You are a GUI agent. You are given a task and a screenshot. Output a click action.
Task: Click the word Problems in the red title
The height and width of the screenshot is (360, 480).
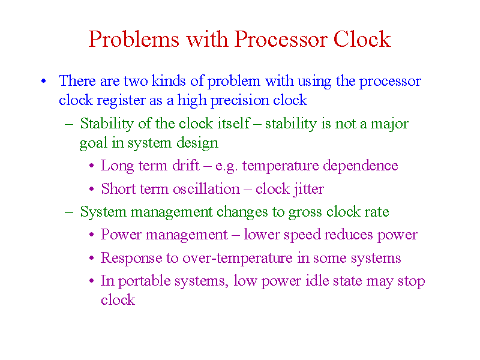(x=134, y=39)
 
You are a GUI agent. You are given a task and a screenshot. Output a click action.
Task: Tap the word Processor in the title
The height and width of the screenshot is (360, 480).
(x=281, y=39)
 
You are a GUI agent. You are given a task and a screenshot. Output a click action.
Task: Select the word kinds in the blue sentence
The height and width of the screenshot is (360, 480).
(x=169, y=80)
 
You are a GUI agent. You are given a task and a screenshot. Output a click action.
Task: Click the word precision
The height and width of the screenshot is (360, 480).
(x=239, y=100)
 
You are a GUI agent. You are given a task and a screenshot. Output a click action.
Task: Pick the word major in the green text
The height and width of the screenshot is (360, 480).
(x=389, y=124)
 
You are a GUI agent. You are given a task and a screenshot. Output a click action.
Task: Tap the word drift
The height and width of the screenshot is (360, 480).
(x=186, y=166)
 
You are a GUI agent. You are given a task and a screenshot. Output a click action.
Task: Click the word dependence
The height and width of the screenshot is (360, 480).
(x=361, y=166)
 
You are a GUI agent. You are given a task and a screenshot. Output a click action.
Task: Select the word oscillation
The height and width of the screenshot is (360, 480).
(x=206, y=188)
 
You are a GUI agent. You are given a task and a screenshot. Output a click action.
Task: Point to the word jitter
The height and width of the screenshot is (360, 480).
(x=308, y=189)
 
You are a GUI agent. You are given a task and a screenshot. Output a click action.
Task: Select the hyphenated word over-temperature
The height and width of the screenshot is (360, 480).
(x=238, y=258)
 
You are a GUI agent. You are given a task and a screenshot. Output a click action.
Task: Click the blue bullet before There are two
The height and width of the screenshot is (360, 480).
(x=44, y=81)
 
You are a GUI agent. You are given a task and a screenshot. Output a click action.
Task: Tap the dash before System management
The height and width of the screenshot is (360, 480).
(x=69, y=212)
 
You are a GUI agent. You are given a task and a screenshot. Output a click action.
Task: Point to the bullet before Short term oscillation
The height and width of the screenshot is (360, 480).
(x=92, y=189)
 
